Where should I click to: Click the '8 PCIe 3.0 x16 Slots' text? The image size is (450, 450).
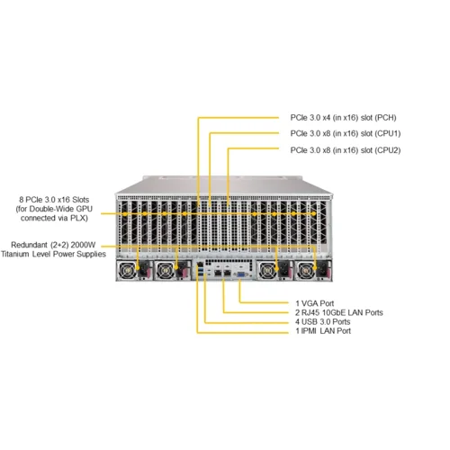56,200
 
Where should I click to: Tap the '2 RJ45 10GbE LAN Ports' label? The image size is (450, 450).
339,311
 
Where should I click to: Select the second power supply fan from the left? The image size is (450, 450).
165,271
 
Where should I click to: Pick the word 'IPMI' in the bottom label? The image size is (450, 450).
313,331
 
